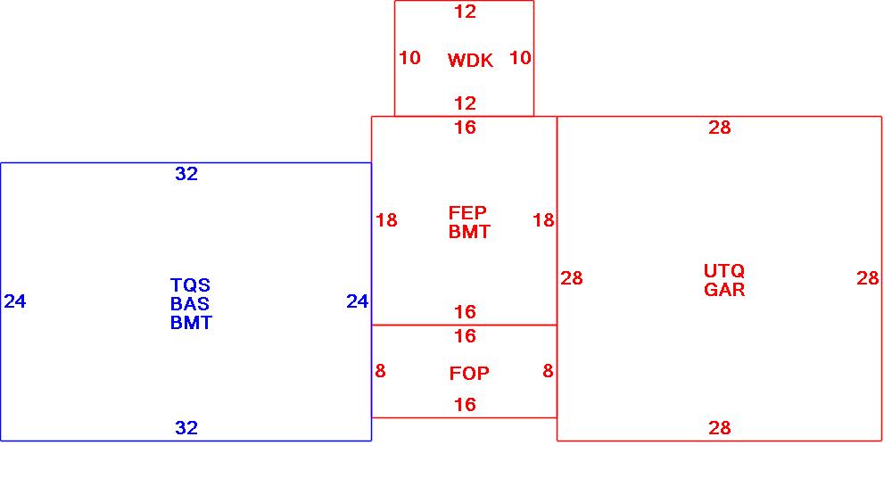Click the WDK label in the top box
[470, 61]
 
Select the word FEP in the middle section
[467, 213]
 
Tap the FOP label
[469, 374]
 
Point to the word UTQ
[723, 271]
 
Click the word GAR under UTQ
[724, 290]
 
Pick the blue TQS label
[190, 285]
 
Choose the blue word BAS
[190, 304]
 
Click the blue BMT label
[191, 323]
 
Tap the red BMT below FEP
[469, 232]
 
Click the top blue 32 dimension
[186, 175]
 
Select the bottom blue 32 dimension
[186, 429]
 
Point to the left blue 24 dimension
[15, 302]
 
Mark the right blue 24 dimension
[358, 302]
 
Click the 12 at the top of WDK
[465, 12]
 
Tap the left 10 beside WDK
[409, 58]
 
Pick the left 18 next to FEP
[386, 220]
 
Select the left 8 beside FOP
[380, 371]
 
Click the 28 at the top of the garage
[720, 128]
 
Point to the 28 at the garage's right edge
[868, 279]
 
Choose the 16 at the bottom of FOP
[465, 406]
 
